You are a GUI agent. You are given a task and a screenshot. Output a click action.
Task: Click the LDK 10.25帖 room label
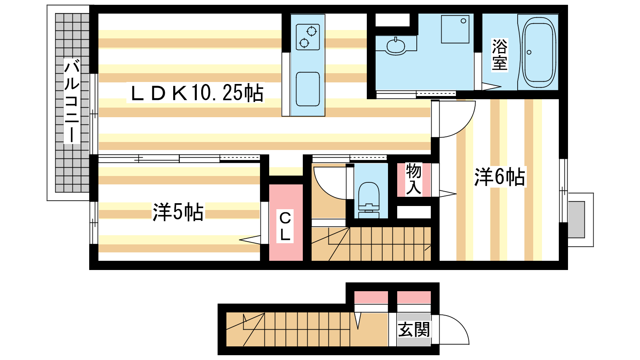(x=196, y=93)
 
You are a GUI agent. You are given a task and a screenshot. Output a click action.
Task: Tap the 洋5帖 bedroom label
(x=178, y=212)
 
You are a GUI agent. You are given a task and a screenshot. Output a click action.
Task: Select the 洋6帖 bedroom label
(x=500, y=177)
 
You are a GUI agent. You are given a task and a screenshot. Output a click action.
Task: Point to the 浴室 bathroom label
(x=500, y=54)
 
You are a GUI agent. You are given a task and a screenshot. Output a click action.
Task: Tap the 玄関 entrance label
(x=414, y=330)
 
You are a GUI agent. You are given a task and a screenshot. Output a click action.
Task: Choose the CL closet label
(x=285, y=226)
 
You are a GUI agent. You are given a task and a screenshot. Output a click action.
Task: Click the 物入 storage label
(x=414, y=180)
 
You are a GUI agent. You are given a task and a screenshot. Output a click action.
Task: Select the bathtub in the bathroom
(x=538, y=52)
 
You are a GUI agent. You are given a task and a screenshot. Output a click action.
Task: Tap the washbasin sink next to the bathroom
(x=396, y=46)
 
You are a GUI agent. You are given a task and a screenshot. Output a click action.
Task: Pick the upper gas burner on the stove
(x=312, y=31)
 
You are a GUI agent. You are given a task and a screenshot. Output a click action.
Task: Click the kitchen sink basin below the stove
(x=308, y=89)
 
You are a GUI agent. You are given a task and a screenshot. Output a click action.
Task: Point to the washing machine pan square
(x=455, y=29)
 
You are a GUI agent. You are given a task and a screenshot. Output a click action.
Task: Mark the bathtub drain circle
(x=529, y=52)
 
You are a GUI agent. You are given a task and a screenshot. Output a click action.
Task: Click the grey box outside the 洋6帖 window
(x=576, y=220)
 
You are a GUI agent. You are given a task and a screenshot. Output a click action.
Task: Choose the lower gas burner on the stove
(x=304, y=43)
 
